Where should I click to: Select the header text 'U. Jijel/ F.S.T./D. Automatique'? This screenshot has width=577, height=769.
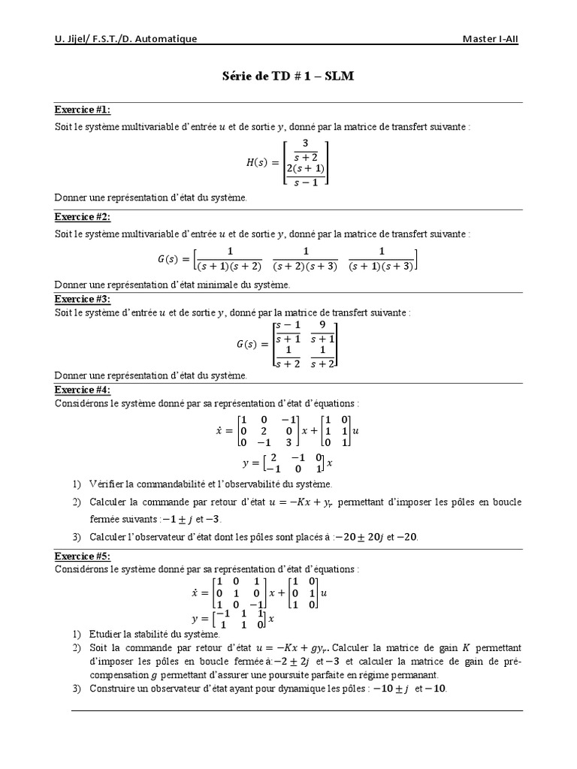pos(126,39)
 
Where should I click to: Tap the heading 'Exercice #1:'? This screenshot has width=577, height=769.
pos(83,110)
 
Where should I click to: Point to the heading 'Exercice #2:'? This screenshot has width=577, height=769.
pos(83,217)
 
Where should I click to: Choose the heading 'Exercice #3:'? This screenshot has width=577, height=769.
pos(83,299)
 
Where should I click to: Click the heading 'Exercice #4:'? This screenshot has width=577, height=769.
pos(83,390)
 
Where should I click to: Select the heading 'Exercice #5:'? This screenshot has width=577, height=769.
pos(83,556)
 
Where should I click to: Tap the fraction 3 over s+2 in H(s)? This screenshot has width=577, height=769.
pos(305,149)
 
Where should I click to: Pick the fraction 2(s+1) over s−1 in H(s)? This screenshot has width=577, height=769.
pos(305,174)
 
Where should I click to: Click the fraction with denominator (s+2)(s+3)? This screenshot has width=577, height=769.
pos(305,259)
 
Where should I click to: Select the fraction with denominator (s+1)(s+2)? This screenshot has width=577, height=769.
pos(230,259)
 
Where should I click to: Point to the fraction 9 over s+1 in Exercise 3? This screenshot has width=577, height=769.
pos(322,332)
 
